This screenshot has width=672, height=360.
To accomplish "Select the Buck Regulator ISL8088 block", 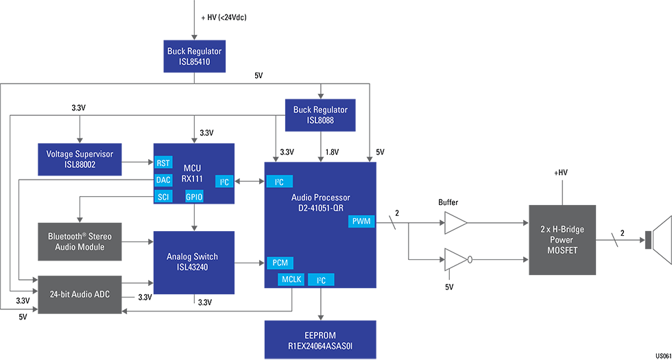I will pyautogui.click(x=320, y=115).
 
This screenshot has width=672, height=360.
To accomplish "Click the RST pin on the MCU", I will pyautogui.click(x=163, y=163).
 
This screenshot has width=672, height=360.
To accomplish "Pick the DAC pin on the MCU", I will pyautogui.click(x=163, y=180).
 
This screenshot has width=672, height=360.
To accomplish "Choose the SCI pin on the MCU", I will pyautogui.click(x=163, y=197).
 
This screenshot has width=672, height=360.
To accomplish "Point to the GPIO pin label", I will pyautogui.click(x=194, y=197).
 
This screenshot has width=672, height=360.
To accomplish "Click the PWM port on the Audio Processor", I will pyautogui.click(x=361, y=221).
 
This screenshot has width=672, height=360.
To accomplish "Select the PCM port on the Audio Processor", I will pyautogui.click(x=279, y=263).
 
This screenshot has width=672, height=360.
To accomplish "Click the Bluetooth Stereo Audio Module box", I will pyautogui.click(x=80, y=241).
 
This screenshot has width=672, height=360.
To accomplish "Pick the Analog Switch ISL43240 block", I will pyautogui.click(x=194, y=263).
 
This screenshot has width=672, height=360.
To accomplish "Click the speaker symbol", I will pyautogui.click(x=658, y=240).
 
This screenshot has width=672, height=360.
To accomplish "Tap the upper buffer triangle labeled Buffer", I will pyautogui.click(x=456, y=223).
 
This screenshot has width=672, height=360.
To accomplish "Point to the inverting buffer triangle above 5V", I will pyautogui.click(x=456, y=260).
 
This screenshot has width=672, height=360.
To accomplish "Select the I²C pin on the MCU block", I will pyautogui.click(x=224, y=182).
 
